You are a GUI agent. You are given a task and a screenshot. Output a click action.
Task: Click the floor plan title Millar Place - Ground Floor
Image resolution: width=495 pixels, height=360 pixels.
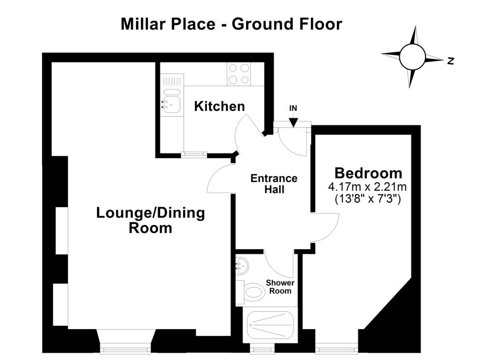pyautogui.click(x=232, y=24)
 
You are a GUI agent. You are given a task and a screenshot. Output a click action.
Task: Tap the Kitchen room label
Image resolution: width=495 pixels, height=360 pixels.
pyautogui.click(x=219, y=106)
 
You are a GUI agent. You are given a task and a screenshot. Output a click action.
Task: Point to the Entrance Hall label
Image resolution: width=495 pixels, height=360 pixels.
pyautogui.click(x=274, y=184)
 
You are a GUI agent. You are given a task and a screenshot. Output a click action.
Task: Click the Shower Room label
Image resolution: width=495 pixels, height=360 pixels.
pyautogui.click(x=280, y=286)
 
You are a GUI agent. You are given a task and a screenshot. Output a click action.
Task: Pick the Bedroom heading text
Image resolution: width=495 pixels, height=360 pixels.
pyautogui.click(x=368, y=173)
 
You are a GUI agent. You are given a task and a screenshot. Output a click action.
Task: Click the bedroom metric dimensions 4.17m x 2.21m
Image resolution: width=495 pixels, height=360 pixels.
pyautogui.click(x=367, y=187)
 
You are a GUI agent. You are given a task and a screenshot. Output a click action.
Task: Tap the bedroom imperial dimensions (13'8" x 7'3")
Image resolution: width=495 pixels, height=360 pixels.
pyautogui.click(x=367, y=199)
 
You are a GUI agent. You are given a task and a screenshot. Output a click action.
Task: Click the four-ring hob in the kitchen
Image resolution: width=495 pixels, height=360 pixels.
pyautogui.click(x=239, y=74)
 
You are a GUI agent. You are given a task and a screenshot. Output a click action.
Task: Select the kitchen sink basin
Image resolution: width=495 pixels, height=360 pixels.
pyautogui.click(x=172, y=105)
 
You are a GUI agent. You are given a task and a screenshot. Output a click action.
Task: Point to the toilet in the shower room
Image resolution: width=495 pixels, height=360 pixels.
pyautogui.click(x=251, y=292)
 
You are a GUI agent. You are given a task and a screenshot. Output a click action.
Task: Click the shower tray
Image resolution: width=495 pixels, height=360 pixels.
pyautogui.click(x=270, y=325)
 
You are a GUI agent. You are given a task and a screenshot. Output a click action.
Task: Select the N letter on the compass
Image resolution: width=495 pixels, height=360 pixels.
pyautogui.click(x=451, y=60)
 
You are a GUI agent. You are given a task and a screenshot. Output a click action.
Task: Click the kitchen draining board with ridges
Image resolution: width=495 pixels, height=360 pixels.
pyautogui.click(x=172, y=81)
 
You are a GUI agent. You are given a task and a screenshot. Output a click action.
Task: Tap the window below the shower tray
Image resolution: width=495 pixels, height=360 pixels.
pyautogui.click(x=262, y=349)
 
